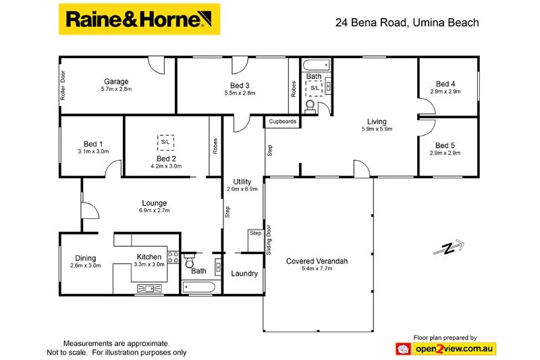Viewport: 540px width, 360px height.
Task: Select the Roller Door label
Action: click(63, 85)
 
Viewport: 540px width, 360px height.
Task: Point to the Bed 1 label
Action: click(93, 144)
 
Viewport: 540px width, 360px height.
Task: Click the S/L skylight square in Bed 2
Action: click(165, 143)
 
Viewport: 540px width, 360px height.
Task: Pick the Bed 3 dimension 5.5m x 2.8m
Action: click(240, 93)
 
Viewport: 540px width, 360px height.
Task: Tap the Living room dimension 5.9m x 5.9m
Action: click(377, 128)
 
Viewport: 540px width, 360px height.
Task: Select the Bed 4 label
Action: click(445, 84)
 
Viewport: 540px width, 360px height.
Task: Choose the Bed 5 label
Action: click(445, 145)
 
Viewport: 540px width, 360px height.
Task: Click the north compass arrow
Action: click(448, 248)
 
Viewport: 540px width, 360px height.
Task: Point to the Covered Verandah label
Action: click(317, 261)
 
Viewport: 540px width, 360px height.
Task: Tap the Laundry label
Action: click(244, 274)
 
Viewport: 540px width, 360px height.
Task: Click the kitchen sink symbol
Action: click(149, 288)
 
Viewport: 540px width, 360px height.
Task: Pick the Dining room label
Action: click(86, 258)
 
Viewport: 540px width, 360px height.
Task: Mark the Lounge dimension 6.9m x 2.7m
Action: click(155, 211)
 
